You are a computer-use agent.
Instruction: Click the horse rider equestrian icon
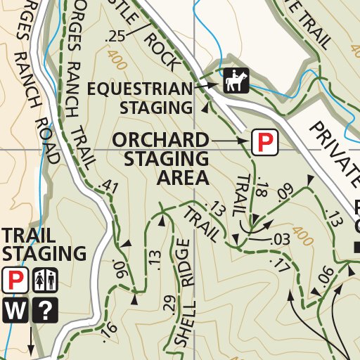[x=236, y=82]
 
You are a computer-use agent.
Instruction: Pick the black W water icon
[x=14, y=310]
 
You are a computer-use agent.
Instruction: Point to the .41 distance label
[x=109, y=186]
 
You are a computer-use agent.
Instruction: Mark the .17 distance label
[x=279, y=264]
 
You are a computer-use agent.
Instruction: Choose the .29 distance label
[x=168, y=304]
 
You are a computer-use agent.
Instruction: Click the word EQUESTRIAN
[x=141, y=89]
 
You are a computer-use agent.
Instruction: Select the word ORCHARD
[x=161, y=139]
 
